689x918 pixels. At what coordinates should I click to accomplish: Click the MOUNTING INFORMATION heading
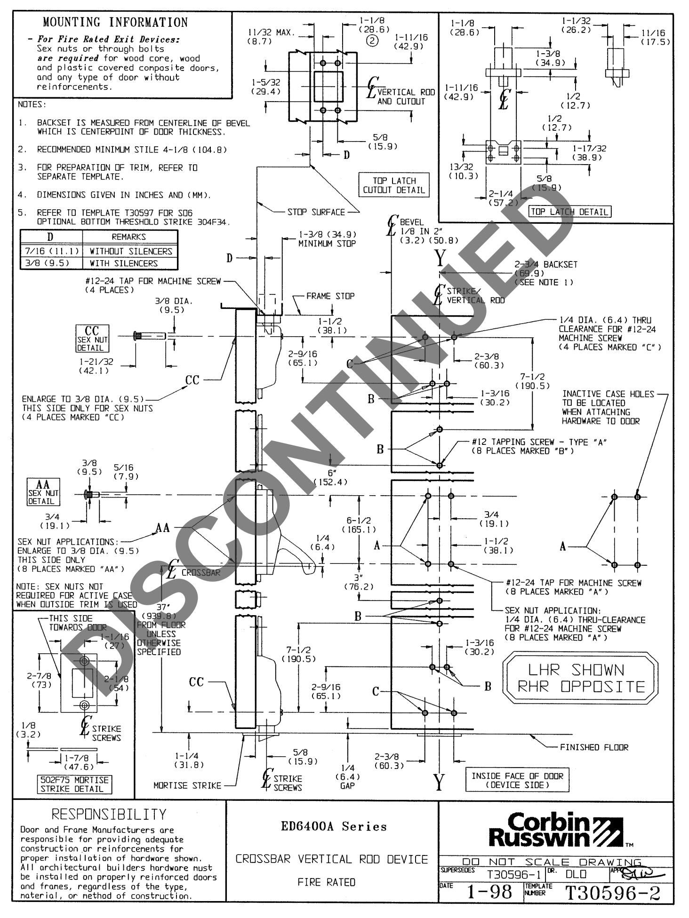coord(115,22)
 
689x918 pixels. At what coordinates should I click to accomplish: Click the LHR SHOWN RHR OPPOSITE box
coord(580,678)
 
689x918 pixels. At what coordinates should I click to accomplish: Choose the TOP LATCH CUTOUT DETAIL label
coord(393,185)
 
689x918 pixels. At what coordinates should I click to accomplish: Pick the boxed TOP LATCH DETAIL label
coord(569,212)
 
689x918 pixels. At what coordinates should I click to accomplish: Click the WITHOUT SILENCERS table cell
coord(131,251)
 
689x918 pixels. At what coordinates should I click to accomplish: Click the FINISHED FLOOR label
coord(594,747)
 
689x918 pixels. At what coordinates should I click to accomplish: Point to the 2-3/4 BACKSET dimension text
coord(546,264)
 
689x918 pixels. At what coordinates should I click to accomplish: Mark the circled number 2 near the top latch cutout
coord(372,41)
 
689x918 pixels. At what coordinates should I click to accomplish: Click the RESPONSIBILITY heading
coord(109,814)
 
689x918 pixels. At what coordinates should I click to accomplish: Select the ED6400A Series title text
coord(334,826)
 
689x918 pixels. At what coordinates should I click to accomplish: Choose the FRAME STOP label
coord(330,296)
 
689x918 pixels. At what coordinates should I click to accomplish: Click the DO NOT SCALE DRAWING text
coord(551,862)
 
